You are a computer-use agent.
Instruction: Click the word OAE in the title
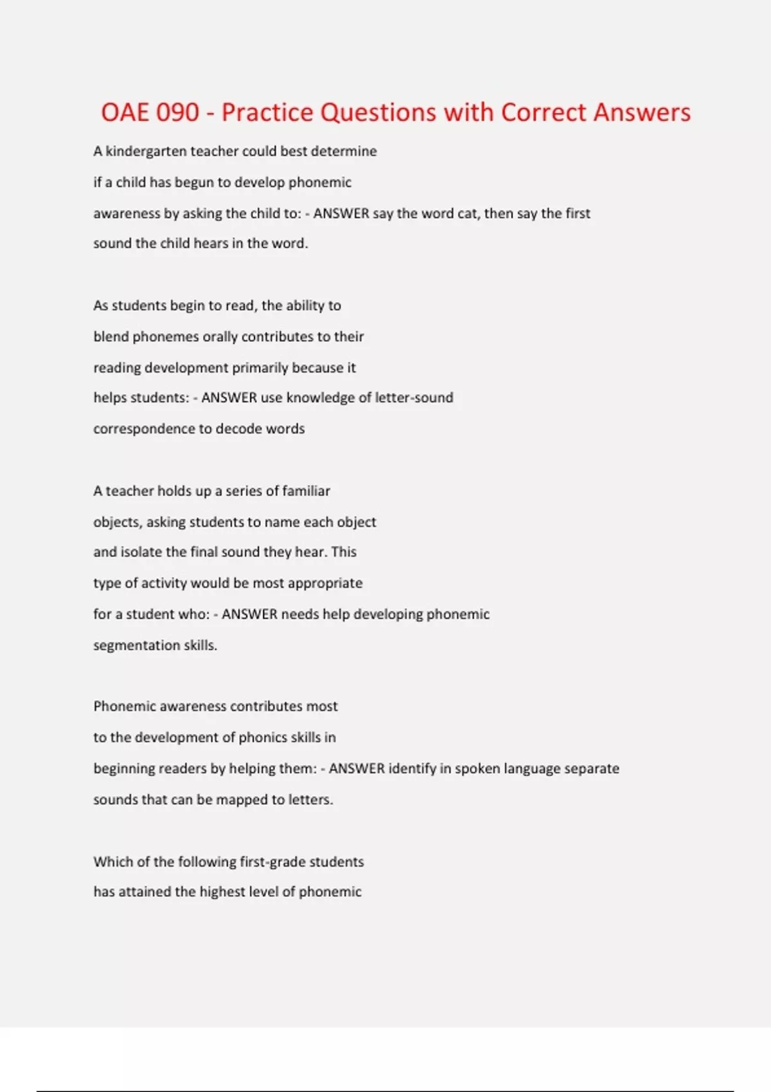click(x=125, y=112)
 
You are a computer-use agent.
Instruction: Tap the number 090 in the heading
click(x=177, y=112)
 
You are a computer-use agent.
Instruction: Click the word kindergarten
click(x=146, y=152)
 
